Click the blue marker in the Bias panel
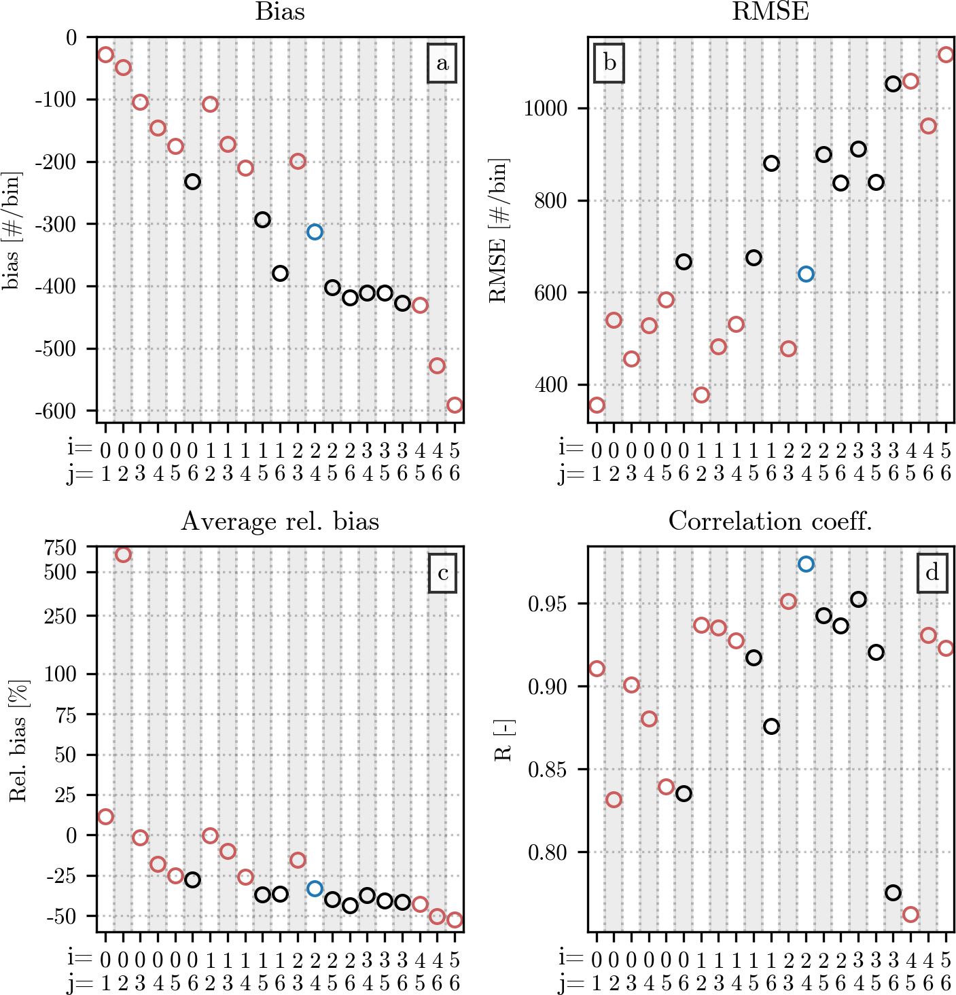click(x=315, y=232)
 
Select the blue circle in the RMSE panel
click(x=806, y=274)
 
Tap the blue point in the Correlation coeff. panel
click(x=806, y=564)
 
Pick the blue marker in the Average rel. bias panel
click(x=315, y=888)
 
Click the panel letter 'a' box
click(x=442, y=64)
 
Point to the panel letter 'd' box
click(x=932, y=573)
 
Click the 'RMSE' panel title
click(x=771, y=12)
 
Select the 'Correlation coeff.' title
click(x=771, y=521)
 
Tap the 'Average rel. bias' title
click(x=280, y=521)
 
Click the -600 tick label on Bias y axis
click(x=60, y=411)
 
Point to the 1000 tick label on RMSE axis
click(x=546, y=108)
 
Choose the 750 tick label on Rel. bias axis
click(x=61, y=547)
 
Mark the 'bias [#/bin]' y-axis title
click(x=12, y=230)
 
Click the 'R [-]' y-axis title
click(x=503, y=739)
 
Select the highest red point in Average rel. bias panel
click(x=123, y=555)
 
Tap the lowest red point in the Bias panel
click(x=455, y=405)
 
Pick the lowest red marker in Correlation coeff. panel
click(x=910, y=914)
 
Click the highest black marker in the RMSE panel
click(x=893, y=84)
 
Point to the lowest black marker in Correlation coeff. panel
click(x=893, y=892)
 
